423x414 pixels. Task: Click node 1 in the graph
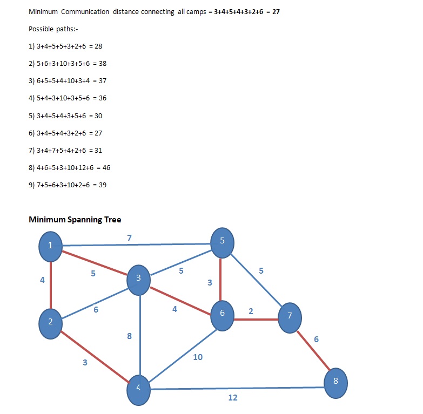50,246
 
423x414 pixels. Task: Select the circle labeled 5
222,242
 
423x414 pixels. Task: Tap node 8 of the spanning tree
335,382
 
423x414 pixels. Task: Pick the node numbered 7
290,317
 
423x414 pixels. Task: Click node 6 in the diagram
221,315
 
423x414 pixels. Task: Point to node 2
50,323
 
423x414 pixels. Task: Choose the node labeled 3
139,279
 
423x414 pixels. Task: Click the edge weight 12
233,398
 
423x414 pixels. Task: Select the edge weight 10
198,357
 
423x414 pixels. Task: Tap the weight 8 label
129,336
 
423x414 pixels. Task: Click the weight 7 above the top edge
129,237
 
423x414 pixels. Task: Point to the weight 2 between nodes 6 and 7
251,311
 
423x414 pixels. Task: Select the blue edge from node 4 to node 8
238,388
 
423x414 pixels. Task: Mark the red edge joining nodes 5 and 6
221,279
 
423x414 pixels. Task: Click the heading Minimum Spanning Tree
75,220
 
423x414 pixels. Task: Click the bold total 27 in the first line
276,11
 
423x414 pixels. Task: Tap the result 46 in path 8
106,168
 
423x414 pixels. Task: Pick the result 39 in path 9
102,185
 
